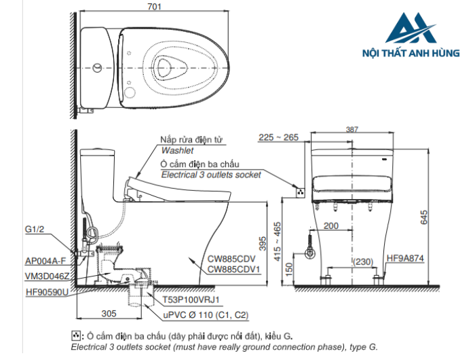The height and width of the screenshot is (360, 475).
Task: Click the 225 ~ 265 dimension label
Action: (278, 137)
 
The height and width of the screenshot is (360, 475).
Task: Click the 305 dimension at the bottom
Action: (108, 313)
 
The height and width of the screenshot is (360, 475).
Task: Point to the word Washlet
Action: (177, 150)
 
